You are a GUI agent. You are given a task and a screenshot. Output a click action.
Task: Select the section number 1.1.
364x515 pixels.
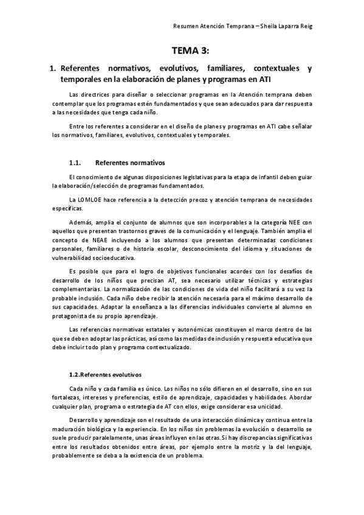(x=75, y=163)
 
